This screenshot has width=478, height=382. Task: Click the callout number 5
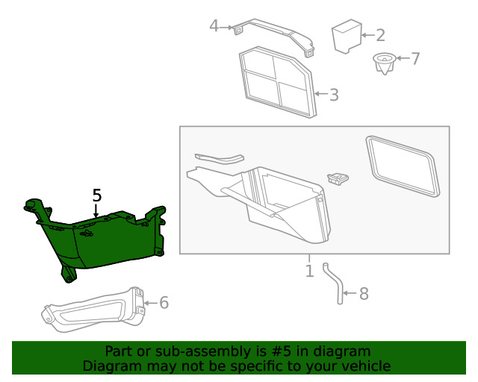pos(96,195)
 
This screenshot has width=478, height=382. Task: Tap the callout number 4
pos(214,26)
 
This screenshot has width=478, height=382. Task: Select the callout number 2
pos(380,34)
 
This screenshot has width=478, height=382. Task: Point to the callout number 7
pos(416,58)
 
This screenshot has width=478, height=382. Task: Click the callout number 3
pos(334,95)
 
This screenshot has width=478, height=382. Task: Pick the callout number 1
pos(309,270)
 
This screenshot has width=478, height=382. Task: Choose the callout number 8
pos(364,294)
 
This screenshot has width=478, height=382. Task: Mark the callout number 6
pos(164,302)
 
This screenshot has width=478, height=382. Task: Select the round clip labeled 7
pos(384,63)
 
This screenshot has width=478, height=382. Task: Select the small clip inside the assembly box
pos(338,178)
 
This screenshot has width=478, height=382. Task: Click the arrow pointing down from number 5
pos(96,211)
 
